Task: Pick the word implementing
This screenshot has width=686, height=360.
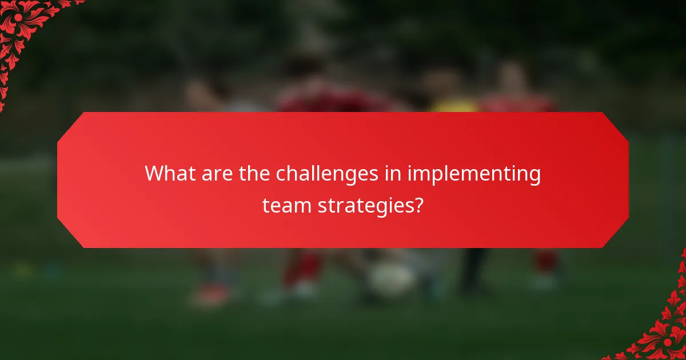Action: pyautogui.click(x=474, y=175)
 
